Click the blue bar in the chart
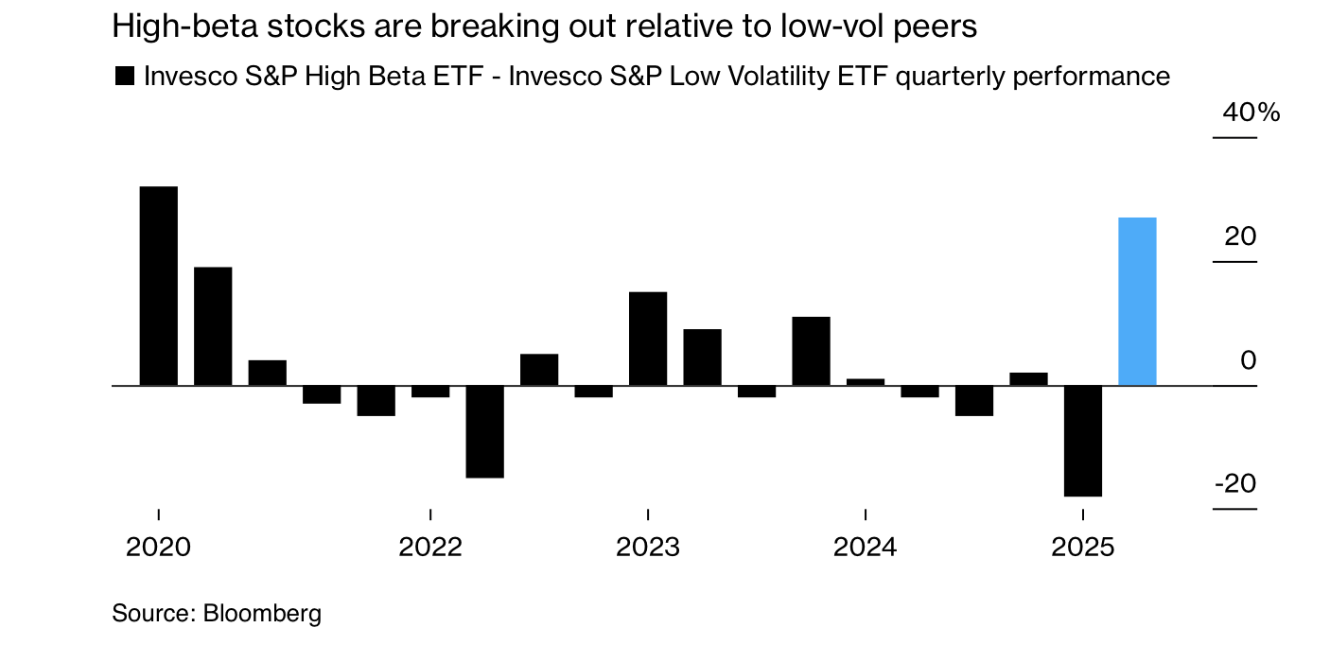[1137, 302]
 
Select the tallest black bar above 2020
[158, 286]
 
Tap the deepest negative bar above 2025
[1082, 441]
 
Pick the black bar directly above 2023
[648, 339]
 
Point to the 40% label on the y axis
[1251, 113]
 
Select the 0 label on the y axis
[1250, 360]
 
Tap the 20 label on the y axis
[1240, 236]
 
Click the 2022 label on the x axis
[430, 548]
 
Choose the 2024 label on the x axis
[865, 548]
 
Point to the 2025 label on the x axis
[1082, 548]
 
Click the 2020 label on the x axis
[158, 548]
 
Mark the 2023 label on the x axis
[648, 548]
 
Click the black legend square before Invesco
[124, 77]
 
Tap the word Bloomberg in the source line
[262, 613]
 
